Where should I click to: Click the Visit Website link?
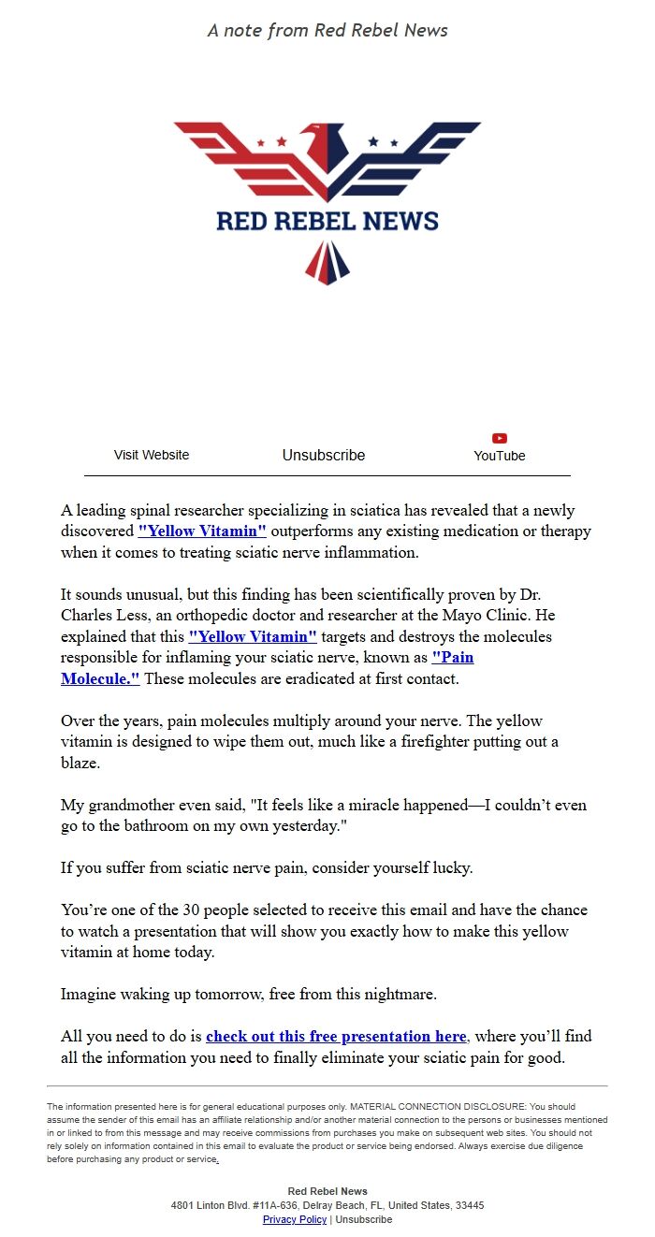pos(152,455)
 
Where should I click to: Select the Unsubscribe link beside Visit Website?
pos(324,455)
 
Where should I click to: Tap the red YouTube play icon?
pos(500,438)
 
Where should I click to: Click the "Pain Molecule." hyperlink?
pos(100,678)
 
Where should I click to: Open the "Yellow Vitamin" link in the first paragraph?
pos(202,531)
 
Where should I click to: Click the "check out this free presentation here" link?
pos(336,1037)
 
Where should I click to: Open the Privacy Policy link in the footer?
pos(295,1219)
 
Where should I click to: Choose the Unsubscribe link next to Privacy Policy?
pos(364,1219)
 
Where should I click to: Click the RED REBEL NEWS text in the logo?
pos(327,221)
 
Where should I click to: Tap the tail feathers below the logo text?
pos(327,262)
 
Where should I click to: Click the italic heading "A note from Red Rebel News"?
pos(327,31)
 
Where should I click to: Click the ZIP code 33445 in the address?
pos(469,1205)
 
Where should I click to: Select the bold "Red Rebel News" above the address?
pos(327,1191)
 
